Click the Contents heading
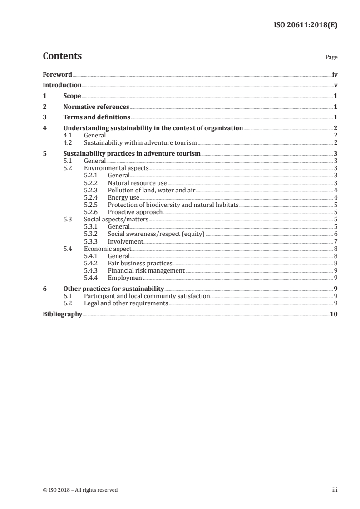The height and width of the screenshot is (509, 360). pyautogui.click(x=62, y=56)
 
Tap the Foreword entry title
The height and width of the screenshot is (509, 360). pyautogui.click(x=57, y=74)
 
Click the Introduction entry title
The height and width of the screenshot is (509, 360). pyautogui.click(x=62, y=85)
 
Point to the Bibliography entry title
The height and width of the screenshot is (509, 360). pyautogui.click(x=62, y=314)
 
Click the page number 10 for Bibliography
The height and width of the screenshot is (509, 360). pyautogui.click(x=334, y=314)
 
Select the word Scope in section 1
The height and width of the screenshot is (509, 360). pyautogui.click(x=72, y=96)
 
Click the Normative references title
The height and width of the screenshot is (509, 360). pyautogui.click(x=96, y=107)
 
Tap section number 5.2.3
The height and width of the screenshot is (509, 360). pyautogui.click(x=92, y=190)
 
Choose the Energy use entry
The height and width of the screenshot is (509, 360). pyautogui.click(x=123, y=197)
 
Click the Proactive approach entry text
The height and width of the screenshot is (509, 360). pyautogui.click(x=135, y=212)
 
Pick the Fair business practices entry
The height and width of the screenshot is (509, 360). pyautogui.click(x=140, y=263)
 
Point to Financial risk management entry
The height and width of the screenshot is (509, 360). pyautogui.click(x=146, y=270)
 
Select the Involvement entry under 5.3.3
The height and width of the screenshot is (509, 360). pyautogui.click(x=125, y=241)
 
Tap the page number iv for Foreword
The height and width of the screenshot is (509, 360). pyautogui.click(x=334, y=74)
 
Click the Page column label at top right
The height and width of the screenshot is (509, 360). pyautogui.click(x=331, y=58)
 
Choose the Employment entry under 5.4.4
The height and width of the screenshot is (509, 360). pyautogui.click(x=126, y=278)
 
